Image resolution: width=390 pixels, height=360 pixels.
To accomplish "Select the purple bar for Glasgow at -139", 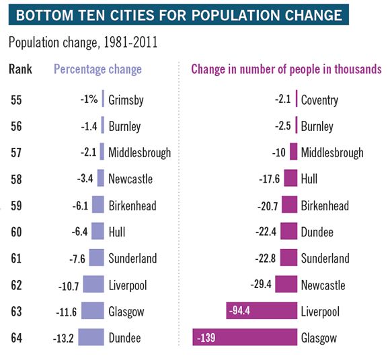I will click(245, 337).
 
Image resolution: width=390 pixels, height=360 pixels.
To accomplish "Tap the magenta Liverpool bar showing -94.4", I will click(262, 311).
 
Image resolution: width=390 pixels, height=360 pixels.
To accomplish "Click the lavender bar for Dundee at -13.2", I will click(91, 337).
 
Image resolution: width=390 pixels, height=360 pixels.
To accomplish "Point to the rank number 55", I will click(16, 100).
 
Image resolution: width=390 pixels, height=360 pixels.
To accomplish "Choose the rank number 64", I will click(16, 337).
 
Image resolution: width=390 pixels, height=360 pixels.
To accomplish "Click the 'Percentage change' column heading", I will click(97, 69).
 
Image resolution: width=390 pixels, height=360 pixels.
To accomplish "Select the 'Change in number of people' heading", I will click(286, 69).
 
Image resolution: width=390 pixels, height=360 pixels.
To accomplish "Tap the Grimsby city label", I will click(126, 101).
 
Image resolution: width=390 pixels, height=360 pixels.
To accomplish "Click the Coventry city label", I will click(319, 101).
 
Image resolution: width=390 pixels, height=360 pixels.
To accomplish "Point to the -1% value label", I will click(89, 100).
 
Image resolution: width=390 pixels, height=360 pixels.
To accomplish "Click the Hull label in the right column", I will click(309, 179).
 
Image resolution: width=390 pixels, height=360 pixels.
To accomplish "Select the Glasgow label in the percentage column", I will click(126, 312).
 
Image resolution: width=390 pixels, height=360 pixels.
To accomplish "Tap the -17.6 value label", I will click(269, 179).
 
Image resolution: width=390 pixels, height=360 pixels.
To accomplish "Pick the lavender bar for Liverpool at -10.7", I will click(93, 285).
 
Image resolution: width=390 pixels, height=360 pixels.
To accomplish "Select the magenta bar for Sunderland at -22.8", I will click(288, 258).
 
